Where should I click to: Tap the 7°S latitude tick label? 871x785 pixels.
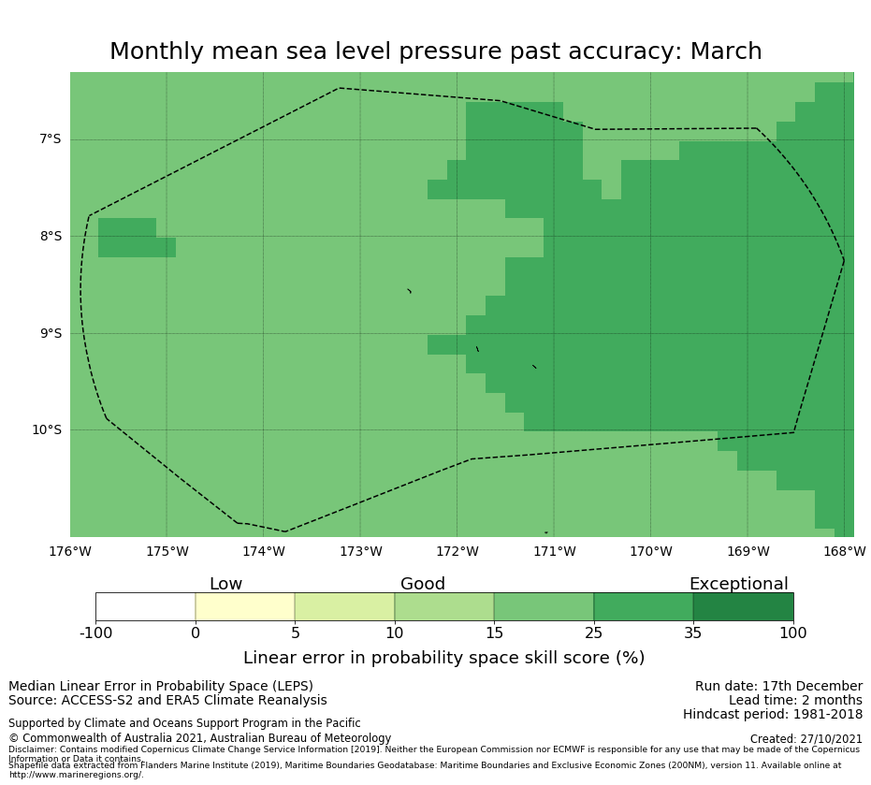(x=50, y=139)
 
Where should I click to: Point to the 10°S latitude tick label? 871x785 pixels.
(x=47, y=430)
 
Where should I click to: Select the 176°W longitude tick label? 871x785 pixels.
(x=70, y=552)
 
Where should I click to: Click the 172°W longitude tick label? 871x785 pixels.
(x=457, y=552)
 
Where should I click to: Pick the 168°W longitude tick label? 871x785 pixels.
(x=844, y=552)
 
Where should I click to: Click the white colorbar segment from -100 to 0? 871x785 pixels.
(x=145, y=606)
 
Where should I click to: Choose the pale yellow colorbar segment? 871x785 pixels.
(x=245, y=606)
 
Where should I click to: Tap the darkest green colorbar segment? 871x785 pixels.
(x=743, y=606)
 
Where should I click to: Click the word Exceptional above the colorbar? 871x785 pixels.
(x=738, y=585)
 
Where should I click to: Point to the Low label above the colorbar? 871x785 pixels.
(x=225, y=585)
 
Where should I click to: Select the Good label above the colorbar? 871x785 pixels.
(x=423, y=585)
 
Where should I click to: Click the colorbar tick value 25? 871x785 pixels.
(x=594, y=633)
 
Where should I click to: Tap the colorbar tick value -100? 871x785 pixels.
(x=95, y=633)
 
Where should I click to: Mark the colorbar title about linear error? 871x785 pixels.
(x=443, y=658)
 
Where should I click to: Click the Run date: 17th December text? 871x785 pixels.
(x=778, y=687)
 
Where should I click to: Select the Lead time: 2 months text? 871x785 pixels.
(x=795, y=701)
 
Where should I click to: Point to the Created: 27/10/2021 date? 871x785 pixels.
(x=806, y=739)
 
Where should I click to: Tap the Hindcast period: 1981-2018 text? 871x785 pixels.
(x=773, y=715)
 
